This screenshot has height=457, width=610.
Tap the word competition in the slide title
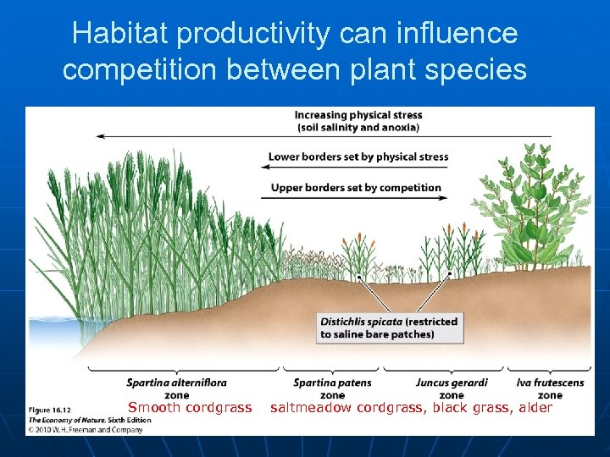143,69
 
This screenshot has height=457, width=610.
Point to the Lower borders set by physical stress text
358,157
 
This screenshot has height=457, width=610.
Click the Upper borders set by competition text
356,187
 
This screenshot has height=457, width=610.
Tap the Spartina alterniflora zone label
176,388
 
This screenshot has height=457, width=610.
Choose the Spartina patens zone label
332,388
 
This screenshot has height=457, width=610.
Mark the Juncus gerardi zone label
452,388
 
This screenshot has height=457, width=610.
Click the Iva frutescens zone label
550,388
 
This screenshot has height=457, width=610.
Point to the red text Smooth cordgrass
190,408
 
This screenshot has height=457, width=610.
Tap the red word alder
534,408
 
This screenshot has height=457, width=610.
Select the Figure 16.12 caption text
49,411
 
